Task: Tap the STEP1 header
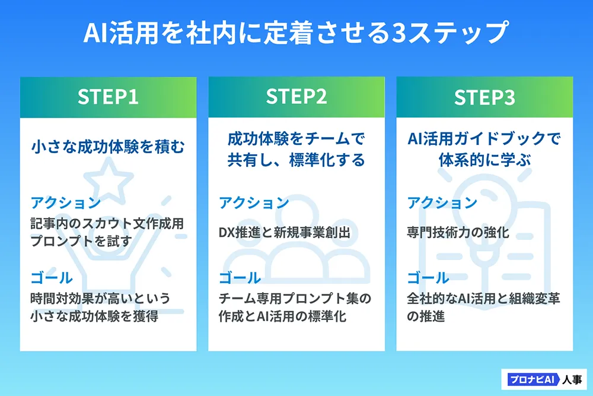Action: click(108, 97)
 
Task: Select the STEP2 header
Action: click(296, 97)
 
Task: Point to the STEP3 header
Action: click(484, 97)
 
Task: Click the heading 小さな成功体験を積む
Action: click(108, 147)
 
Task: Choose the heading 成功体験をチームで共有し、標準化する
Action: click(296, 150)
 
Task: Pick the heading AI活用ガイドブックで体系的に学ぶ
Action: click(484, 150)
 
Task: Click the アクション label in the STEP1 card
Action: click(66, 203)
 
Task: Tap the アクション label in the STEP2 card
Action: click(254, 203)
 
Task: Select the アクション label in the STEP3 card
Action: click(442, 203)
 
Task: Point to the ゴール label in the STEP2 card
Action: click(240, 277)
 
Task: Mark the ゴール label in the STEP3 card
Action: click(428, 277)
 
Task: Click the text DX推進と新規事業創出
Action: click(284, 233)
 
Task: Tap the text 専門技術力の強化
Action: click(458, 233)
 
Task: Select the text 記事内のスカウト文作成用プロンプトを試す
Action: click(107, 233)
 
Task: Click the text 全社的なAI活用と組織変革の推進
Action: click(483, 307)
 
